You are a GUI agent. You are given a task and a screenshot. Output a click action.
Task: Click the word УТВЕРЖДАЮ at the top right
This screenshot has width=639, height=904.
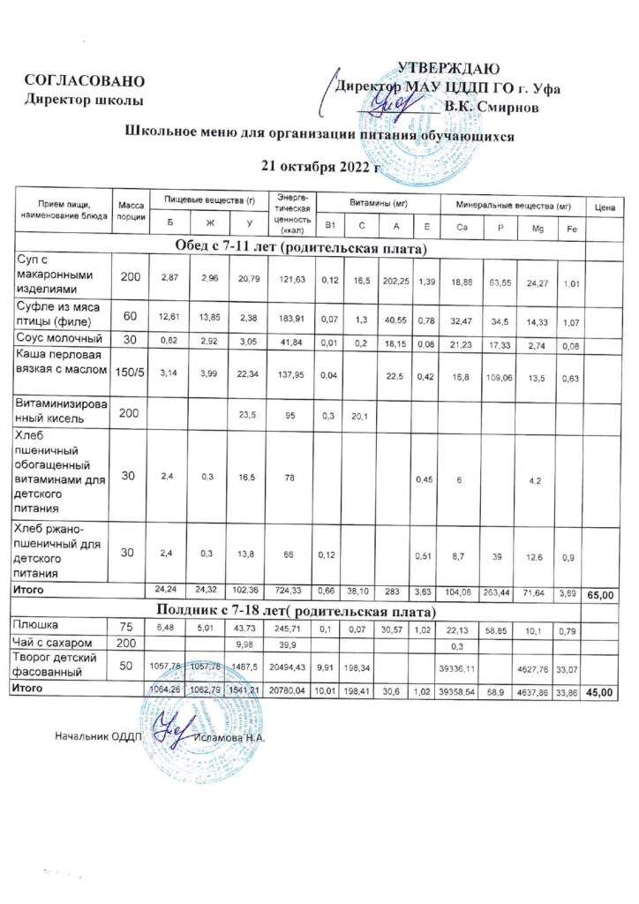pos(450,69)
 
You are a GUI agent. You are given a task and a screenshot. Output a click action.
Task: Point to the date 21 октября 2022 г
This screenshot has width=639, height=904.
pos(321,165)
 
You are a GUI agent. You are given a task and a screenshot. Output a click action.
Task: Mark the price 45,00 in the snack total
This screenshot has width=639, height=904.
pos(605,692)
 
